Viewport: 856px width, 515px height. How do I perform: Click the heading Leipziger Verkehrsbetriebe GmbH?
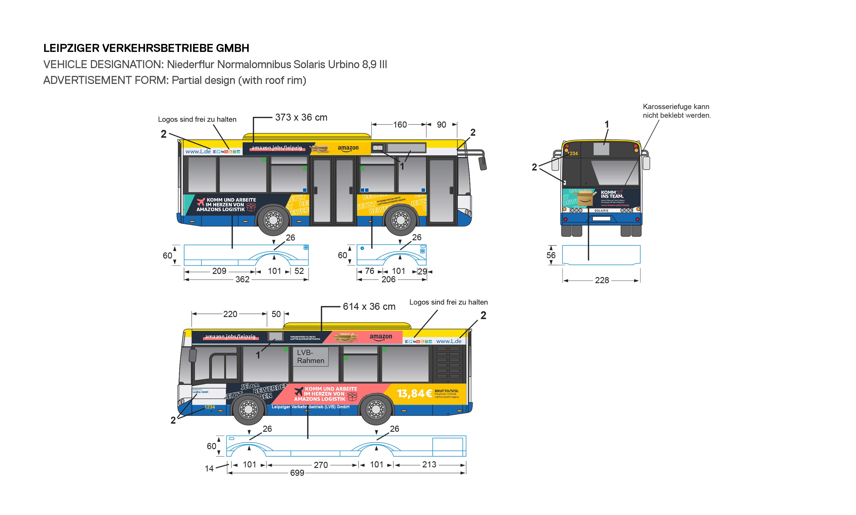pyautogui.click(x=146, y=48)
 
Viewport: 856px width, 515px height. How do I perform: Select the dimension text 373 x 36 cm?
pyautogui.click(x=301, y=118)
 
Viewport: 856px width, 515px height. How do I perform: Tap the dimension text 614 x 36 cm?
pyautogui.click(x=369, y=307)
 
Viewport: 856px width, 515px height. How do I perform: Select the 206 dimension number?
pyautogui.click(x=388, y=280)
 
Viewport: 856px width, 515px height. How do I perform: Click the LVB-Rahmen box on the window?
pyautogui.click(x=310, y=356)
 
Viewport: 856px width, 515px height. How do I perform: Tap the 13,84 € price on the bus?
pyautogui.click(x=414, y=393)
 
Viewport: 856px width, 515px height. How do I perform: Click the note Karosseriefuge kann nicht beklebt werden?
pyautogui.click(x=676, y=111)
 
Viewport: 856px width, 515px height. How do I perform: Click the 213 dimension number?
pyautogui.click(x=429, y=465)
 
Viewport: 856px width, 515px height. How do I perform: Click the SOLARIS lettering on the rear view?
pyautogui.click(x=601, y=211)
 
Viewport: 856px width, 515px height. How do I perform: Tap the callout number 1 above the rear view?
pyautogui.click(x=607, y=124)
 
